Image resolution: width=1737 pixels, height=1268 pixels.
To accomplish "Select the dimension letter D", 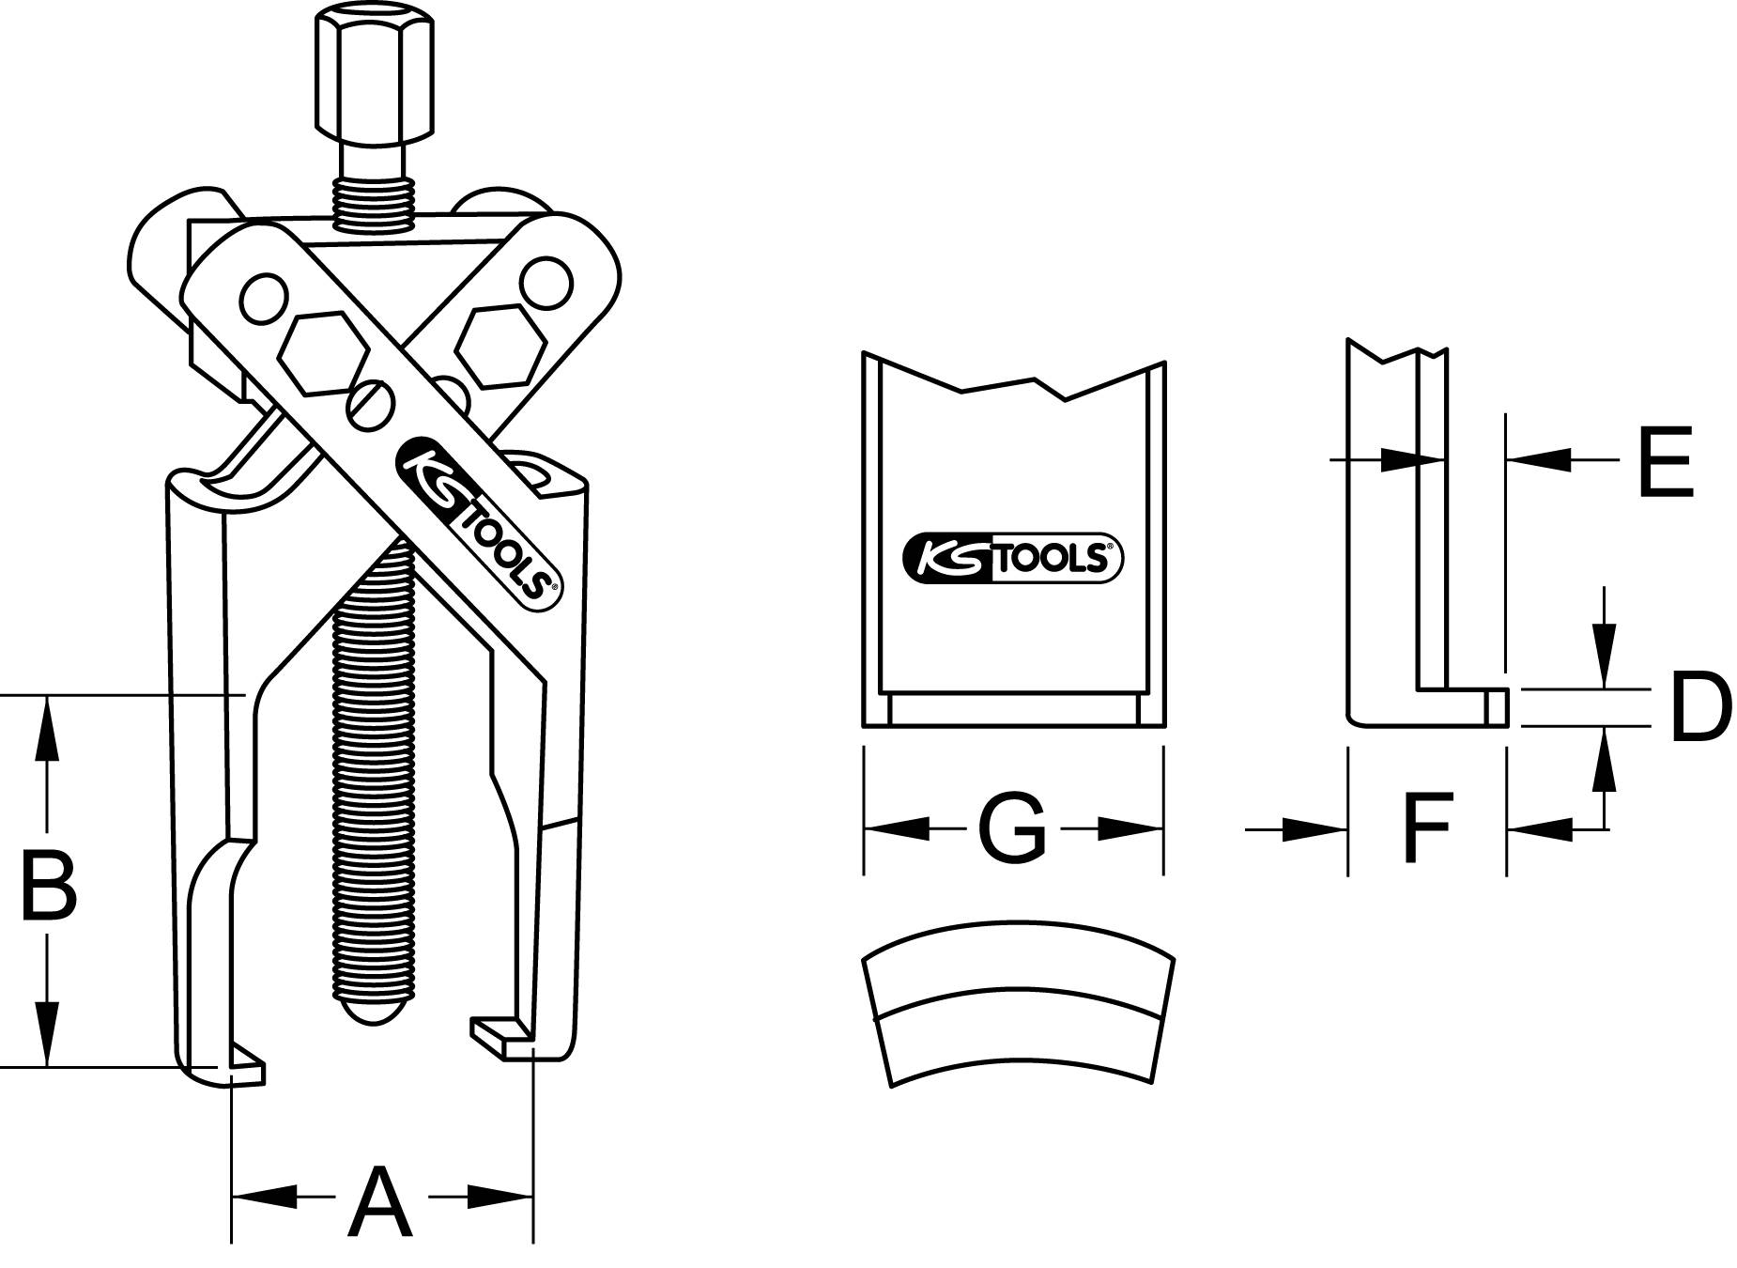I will pos(1700,706).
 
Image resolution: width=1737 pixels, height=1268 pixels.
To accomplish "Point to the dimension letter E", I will pos(1666,462).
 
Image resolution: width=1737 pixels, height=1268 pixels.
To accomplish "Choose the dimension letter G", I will pos(1011,828).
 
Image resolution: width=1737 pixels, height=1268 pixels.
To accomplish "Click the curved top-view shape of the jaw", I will pos(1017,1005).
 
